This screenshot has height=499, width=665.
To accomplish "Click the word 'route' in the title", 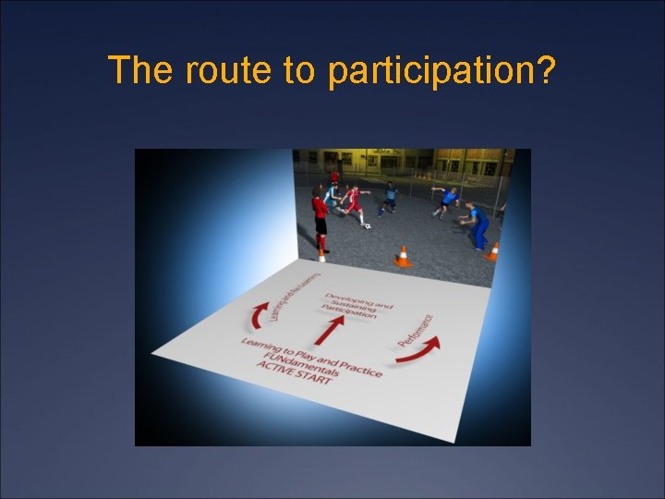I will [x=219, y=70].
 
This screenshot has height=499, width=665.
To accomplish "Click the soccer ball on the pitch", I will [x=368, y=225].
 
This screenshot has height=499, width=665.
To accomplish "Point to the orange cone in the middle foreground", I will [x=403, y=256].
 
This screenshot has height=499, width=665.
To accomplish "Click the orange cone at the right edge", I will [x=494, y=251].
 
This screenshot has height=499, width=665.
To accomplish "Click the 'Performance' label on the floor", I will [x=417, y=328].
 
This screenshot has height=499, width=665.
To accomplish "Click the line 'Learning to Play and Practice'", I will [x=311, y=356].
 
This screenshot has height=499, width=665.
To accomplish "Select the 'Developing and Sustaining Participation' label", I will [x=356, y=304].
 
